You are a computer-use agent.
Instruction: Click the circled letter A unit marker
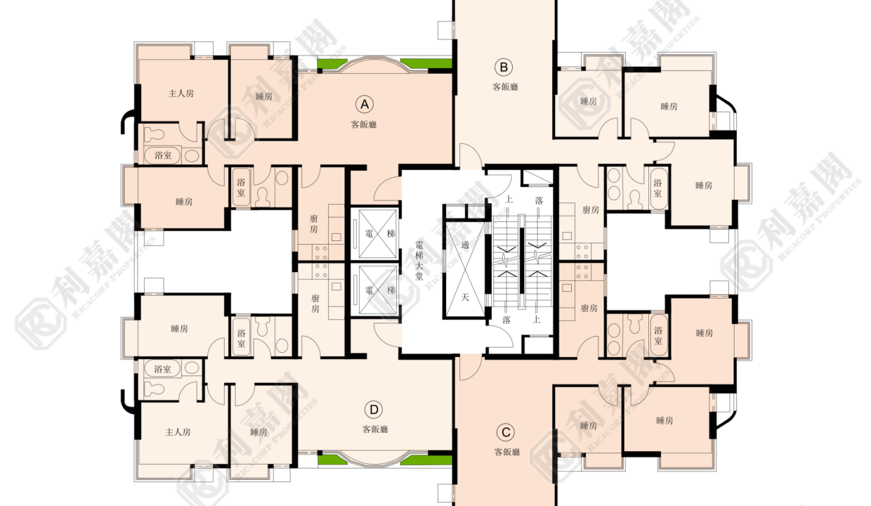tap(365, 104)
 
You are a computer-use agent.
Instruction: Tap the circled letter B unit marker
tap(504, 67)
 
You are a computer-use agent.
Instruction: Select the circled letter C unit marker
tap(506, 432)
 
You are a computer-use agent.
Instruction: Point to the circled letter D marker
tap(374, 410)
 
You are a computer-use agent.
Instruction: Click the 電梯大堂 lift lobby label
tap(419, 261)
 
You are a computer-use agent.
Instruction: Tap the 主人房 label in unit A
tap(181, 93)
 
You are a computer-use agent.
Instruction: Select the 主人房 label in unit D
tap(178, 432)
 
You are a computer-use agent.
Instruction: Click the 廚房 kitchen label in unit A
tap(314, 223)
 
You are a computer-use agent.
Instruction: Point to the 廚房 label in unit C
tap(589, 309)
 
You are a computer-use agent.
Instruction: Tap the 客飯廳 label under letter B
tap(505, 86)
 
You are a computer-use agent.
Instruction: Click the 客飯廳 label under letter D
tap(375, 429)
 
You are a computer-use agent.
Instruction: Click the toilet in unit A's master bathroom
tap(154, 134)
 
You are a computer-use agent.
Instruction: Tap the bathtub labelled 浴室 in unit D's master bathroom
tap(162, 368)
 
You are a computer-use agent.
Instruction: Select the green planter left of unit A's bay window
tap(332, 64)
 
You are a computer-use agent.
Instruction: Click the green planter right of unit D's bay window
tap(426, 460)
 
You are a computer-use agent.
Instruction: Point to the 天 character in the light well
tap(465, 297)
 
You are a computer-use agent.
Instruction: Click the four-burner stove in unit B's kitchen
tap(582, 252)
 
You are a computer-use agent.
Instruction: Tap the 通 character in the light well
tap(465, 245)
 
